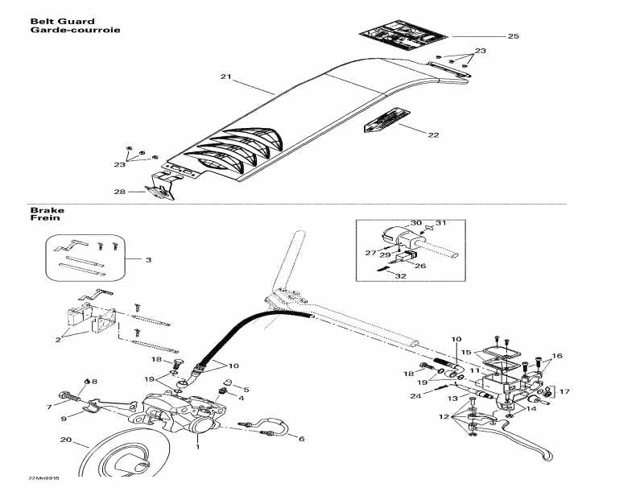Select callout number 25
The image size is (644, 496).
[x=513, y=36]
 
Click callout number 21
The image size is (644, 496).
[x=225, y=77]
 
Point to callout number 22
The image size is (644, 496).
[x=433, y=134]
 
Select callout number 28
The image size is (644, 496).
[x=119, y=192]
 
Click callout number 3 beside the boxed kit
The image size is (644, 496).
[x=148, y=259]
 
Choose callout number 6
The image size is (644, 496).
[x=301, y=439]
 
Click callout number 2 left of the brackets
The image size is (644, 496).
[x=57, y=340]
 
